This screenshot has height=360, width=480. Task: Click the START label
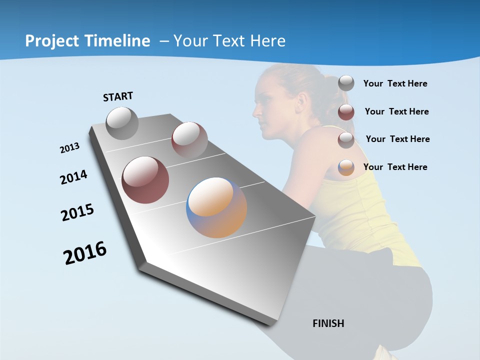pos(118,96)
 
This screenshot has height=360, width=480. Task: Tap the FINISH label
pos(328,323)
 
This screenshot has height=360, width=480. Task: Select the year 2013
pos(69,148)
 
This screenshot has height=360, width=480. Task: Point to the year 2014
pos(73,177)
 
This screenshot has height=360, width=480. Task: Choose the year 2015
pos(77,212)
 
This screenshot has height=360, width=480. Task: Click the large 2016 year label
pos(85,253)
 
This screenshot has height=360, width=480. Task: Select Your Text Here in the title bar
pos(229,41)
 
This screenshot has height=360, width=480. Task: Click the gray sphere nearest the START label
pos(122,123)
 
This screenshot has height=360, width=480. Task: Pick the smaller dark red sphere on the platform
pos(189,140)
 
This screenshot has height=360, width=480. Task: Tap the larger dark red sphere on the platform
pos(145,180)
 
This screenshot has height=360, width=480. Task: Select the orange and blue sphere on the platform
pos(216,207)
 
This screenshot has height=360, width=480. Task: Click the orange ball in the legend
pos(346,167)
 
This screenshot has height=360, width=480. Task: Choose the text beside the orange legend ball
pos(395,167)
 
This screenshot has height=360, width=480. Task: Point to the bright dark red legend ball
pos(346,112)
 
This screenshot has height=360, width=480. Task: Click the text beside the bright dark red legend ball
pos(396,111)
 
